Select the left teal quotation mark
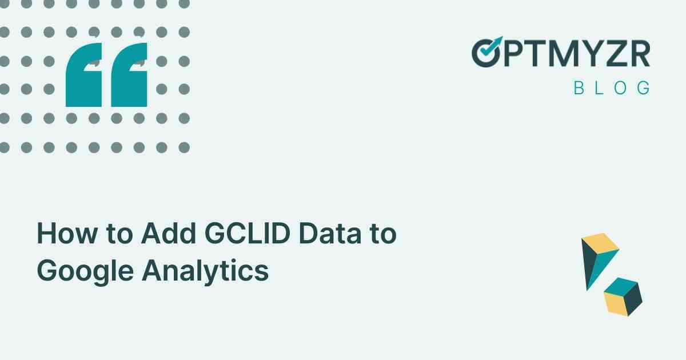coord(84,75)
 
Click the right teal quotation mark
coord(129,75)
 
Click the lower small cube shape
coord(623,296)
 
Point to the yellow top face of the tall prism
coord(600,242)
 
